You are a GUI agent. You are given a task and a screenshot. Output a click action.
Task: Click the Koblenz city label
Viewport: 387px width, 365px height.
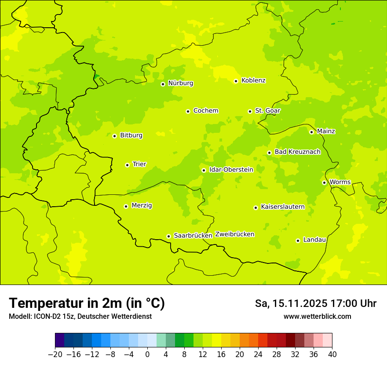click(253, 80)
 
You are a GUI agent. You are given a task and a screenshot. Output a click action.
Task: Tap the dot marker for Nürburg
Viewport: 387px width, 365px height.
click(163, 84)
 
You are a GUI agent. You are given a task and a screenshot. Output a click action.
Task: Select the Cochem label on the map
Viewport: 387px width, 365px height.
click(206, 111)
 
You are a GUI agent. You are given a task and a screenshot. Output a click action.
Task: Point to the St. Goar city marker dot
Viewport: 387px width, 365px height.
click(250, 111)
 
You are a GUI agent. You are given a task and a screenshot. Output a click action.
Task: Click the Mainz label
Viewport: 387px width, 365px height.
click(326, 131)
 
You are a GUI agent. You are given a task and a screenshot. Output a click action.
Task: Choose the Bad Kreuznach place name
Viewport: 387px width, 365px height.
click(297, 152)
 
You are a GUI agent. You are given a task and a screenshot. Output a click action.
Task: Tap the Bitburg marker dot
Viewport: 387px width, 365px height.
click(114, 136)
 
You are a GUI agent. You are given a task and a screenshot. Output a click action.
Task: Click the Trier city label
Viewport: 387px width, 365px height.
click(139, 164)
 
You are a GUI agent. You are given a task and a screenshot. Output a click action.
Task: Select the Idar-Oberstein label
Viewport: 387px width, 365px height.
click(231, 170)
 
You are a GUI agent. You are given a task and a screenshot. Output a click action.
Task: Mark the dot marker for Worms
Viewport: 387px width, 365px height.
click(324, 182)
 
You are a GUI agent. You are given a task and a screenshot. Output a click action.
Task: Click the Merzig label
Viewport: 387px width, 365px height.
click(142, 206)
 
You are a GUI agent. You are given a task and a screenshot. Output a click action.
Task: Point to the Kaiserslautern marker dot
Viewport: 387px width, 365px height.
click(256, 208)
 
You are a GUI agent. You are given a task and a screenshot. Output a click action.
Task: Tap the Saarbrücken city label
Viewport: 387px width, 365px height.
click(193, 236)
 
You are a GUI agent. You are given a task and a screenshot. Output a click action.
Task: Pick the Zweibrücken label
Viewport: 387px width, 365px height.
click(234, 234)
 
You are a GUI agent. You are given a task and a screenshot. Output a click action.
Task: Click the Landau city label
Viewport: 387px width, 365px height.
click(314, 240)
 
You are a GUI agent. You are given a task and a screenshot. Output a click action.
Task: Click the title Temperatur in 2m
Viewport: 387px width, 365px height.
click(87, 303)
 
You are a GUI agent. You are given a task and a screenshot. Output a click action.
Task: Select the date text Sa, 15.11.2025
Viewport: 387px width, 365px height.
click(291, 303)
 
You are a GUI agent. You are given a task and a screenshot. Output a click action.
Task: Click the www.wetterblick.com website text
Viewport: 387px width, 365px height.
click(317, 317)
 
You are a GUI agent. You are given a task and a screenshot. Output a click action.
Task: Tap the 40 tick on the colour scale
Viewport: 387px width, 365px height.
click(332, 354)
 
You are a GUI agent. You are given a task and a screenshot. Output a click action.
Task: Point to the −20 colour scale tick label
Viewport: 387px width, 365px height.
click(55, 354)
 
